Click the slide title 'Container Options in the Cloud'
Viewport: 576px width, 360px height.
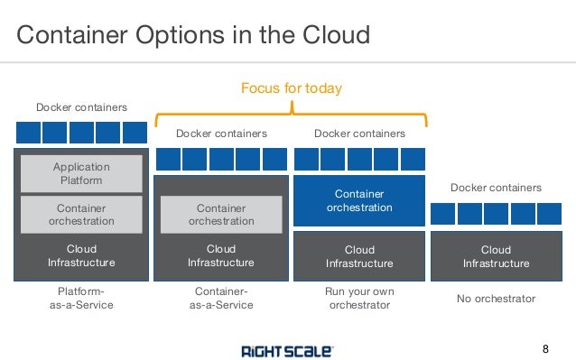194,35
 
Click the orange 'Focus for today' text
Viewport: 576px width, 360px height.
291,88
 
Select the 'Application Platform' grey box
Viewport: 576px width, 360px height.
81,173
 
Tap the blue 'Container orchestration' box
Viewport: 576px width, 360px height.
358,200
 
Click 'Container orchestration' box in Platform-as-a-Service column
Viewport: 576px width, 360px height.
81,214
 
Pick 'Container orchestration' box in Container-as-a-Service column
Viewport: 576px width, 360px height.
220,214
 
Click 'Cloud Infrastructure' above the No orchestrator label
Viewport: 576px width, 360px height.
496,256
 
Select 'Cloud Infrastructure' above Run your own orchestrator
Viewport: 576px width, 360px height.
358,256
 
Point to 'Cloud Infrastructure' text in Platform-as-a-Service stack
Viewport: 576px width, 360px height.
81,255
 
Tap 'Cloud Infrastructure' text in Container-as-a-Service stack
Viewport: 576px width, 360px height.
220,255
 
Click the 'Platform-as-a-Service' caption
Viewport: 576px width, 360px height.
81,299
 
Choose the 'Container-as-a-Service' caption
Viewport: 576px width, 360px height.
220,299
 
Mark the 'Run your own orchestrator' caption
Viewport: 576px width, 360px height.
358,299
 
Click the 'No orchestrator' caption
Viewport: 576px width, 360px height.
496,299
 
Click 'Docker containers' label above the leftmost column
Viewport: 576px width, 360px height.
81,108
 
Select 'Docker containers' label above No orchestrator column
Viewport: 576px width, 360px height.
496,188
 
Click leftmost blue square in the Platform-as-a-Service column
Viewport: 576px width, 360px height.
27,134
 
